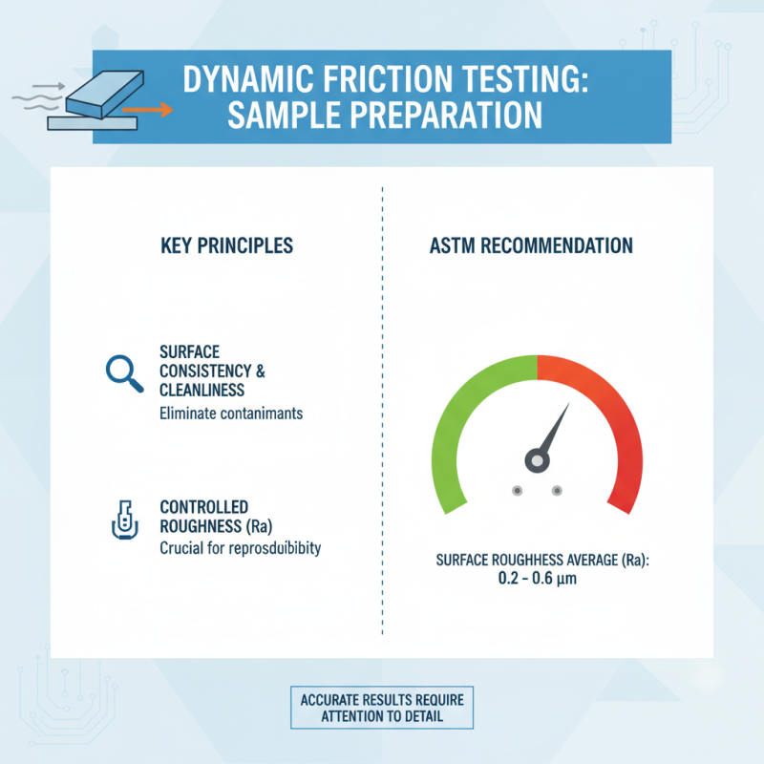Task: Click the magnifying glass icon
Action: click(121, 371)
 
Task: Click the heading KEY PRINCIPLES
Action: click(227, 245)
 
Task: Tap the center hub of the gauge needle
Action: click(538, 460)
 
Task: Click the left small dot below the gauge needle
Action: click(517, 491)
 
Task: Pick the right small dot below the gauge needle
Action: click(557, 491)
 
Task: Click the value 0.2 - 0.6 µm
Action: click(541, 579)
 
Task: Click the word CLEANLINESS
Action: click(202, 390)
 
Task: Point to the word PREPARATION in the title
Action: click(436, 115)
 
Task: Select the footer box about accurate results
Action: click(381, 708)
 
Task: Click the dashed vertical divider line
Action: click(382, 411)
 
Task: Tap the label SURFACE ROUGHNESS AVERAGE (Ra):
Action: click(541, 561)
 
